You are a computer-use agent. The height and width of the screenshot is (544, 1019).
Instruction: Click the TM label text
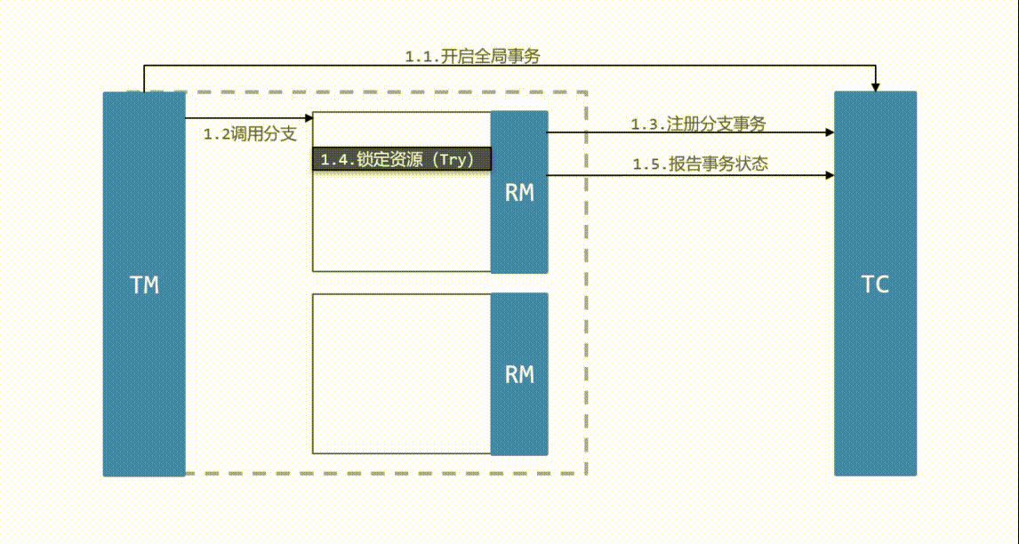(144, 285)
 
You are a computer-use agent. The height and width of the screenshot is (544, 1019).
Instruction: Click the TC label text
(875, 285)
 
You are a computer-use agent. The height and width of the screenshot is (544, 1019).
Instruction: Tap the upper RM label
(519, 192)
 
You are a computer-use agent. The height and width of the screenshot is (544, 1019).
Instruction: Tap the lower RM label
(519, 374)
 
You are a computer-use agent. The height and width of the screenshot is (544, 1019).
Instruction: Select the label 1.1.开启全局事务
(472, 56)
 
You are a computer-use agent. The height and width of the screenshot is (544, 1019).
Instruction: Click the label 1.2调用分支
(250, 135)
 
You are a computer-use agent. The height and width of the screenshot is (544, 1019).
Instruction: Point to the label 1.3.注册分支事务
(698, 124)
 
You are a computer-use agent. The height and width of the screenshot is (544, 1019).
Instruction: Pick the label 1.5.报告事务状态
(700, 164)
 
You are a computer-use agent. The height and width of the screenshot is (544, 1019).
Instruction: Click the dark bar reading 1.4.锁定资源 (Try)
(401, 159)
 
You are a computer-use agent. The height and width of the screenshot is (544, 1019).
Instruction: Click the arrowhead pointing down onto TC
(876, 86)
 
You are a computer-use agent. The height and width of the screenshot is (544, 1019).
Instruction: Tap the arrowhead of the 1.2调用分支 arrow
(309, 117)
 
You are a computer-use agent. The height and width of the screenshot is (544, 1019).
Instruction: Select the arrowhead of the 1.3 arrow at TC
(830, 132)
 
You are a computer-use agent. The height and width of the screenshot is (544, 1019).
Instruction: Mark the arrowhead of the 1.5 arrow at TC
(830, 176)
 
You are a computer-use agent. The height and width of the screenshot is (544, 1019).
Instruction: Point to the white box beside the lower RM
(401, 373)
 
